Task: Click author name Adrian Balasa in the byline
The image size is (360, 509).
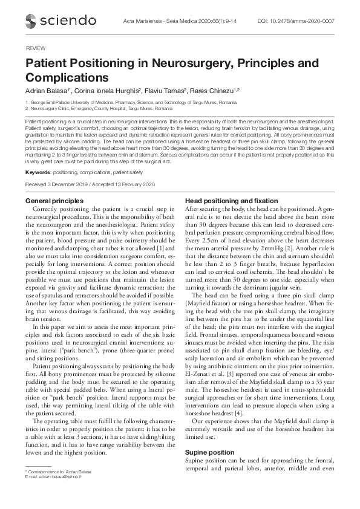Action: [45, 91]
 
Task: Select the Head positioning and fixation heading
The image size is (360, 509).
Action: [231, 200]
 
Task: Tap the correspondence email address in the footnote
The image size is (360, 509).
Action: [55, 476]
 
